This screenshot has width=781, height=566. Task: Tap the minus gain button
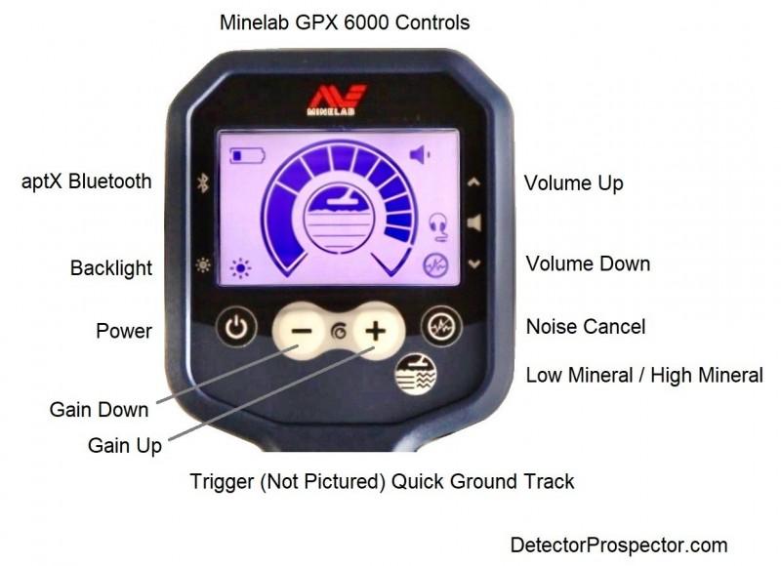(301, 331)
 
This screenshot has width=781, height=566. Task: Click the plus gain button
(377, 331)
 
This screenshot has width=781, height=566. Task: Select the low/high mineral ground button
(416, 374)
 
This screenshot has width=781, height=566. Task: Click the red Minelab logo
(336, 100)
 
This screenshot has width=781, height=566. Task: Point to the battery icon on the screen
(247, 156)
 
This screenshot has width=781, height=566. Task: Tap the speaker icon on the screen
(420, 155)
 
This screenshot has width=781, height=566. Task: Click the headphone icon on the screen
(438, 227)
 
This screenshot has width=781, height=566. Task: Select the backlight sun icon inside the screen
(240, 268)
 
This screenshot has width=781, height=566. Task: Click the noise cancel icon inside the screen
(435, 265)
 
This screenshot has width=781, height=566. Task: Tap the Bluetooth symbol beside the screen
(203, 182)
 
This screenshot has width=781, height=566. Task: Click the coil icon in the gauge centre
(339, 219)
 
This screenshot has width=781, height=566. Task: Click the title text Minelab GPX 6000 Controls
(345, 22)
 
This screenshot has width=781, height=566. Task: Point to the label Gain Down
(100, 410)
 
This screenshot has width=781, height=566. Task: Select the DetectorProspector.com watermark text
(619, 546)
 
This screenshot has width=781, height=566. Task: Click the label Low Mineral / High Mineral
(644, 376)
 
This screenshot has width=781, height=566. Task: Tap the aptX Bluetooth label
(87, 182)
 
